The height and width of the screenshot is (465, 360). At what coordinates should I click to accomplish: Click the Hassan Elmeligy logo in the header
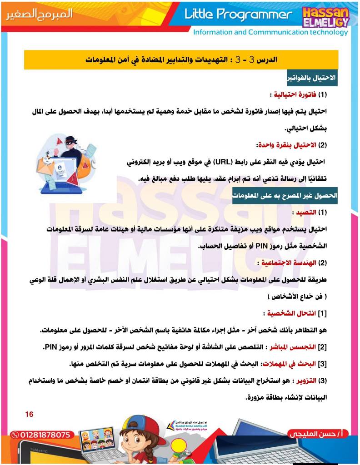325,16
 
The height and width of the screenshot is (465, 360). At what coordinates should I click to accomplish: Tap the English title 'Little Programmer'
238,15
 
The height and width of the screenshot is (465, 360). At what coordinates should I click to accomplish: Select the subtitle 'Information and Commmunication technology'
270,32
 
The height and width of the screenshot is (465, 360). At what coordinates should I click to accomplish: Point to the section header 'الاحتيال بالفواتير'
312,78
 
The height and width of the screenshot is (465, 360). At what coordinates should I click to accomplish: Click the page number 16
30,414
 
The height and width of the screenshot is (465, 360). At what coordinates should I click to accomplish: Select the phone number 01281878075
41,435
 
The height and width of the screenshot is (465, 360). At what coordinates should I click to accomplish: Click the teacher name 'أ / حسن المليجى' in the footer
319,434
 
